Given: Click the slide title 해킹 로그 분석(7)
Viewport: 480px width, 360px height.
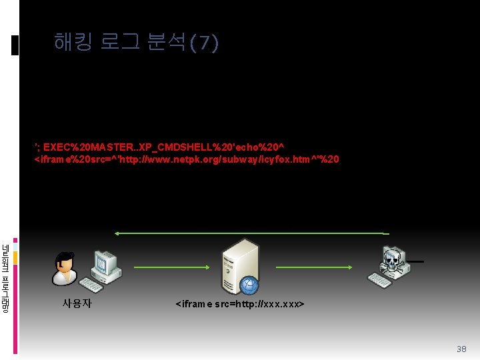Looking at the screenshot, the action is point(136,43).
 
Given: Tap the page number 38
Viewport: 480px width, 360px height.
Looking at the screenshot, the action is point(461,349).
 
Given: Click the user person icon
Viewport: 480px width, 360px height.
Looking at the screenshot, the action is point(65,269).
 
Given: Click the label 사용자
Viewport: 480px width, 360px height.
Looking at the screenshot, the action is point(77,304).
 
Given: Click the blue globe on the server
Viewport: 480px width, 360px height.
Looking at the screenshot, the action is point(249,285).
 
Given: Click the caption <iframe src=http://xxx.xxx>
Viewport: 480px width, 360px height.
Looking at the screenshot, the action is point(240,305).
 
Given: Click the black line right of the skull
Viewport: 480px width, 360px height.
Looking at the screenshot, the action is point(415,261).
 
